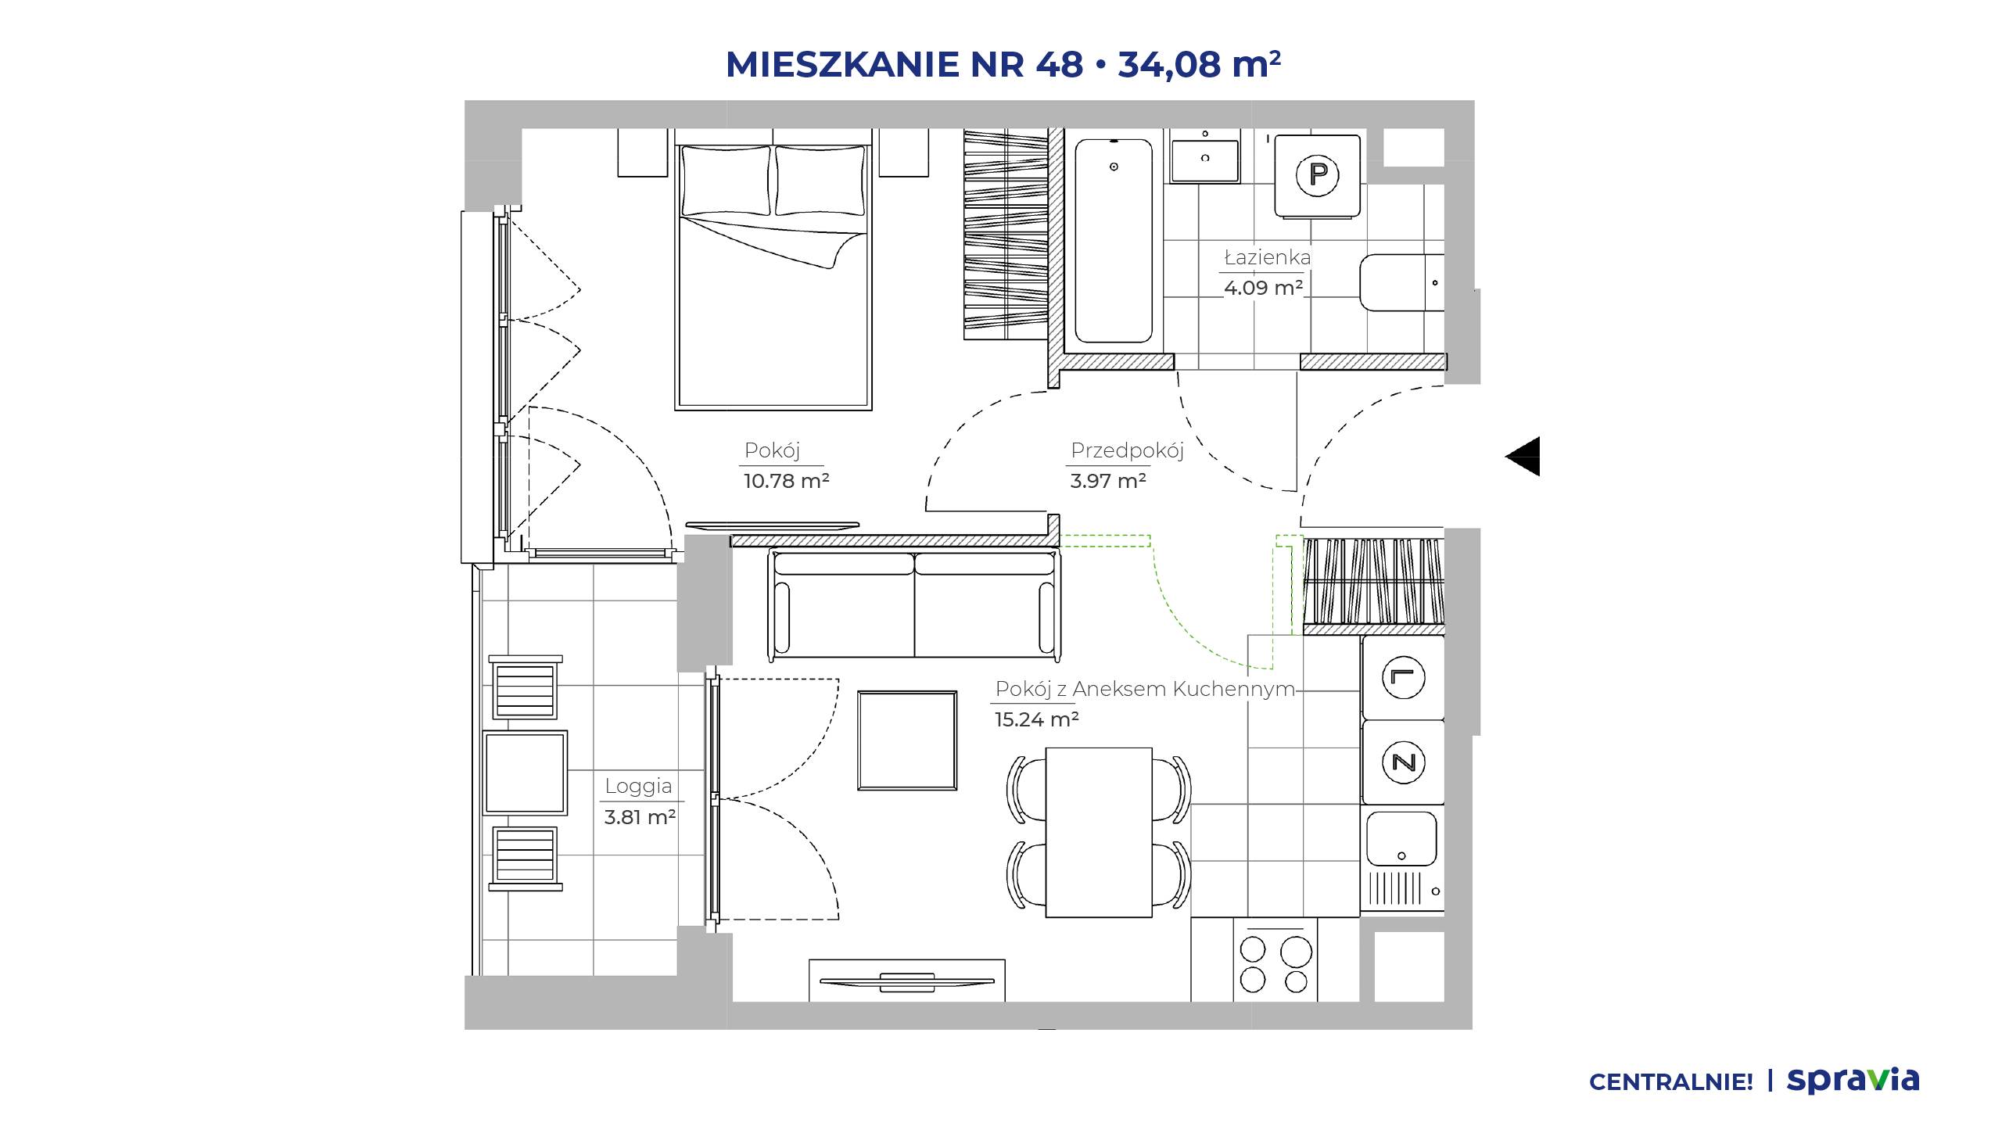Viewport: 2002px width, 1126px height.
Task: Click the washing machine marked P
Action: (1318, 175)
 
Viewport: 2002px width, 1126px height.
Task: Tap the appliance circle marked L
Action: (1404, 677)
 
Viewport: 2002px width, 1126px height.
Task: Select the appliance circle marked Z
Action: (1404, 762)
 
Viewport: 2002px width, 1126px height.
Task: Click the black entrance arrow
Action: (1523, 456)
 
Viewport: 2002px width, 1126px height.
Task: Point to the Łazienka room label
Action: (1268, 257)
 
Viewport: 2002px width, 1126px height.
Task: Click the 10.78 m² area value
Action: (786, 480)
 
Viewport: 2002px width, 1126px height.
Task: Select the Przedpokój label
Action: (1127, 450)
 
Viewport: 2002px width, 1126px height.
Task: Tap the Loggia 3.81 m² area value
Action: (640, 817)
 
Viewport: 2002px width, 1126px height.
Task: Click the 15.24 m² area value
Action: (1036, 719)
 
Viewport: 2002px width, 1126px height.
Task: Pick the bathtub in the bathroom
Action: (1114, 241)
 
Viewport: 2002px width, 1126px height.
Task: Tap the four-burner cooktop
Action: (1275, 959)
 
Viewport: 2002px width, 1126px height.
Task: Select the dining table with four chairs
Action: (1099, 832)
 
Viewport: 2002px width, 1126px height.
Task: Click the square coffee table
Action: (907, 741)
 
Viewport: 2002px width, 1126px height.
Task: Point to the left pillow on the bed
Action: (726, 181)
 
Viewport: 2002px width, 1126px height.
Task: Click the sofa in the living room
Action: (914, 604)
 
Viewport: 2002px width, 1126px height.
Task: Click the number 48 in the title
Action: (1060, 64)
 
